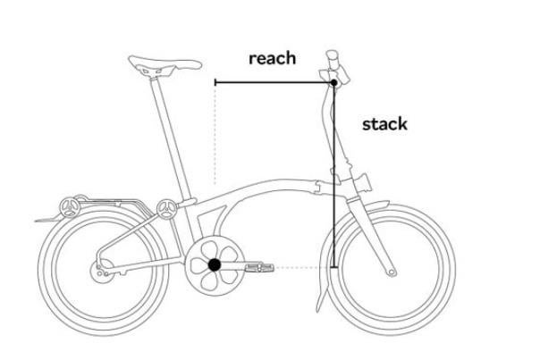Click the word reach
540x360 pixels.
point(272,58)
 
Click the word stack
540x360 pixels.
point(384,124)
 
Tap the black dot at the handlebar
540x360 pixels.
point(333,82)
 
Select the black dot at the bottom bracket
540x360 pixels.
point(215,265)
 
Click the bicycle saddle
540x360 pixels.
point(164,65)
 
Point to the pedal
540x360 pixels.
point(259,267)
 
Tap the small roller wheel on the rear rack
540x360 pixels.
point(71,207)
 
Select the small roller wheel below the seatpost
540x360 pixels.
point(167,209)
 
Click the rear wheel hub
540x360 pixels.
point(102,271)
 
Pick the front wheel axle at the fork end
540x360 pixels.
point(392,272)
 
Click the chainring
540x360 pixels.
point(215,265)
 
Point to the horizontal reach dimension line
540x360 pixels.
point(274,82)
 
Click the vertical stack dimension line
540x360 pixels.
point(333,175)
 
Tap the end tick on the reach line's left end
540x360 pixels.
point(215,82)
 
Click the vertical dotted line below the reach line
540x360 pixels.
point(215,135)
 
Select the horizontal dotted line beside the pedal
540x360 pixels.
point(302,267)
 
